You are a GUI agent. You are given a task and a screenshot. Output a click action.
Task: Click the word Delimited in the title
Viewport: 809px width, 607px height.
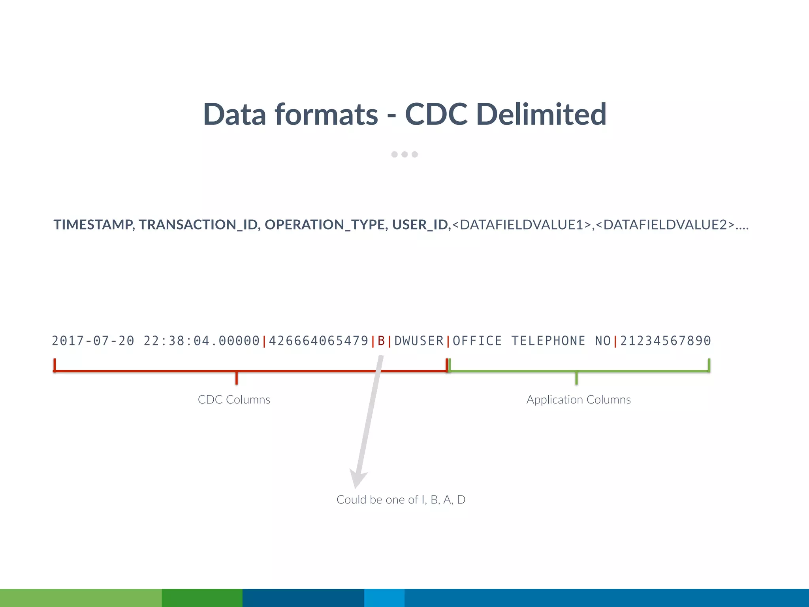click(541, 115)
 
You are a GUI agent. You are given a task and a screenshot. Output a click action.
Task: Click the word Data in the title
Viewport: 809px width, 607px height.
click(234, 115)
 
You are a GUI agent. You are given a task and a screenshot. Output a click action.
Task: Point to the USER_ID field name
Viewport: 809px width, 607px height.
click(420, 224)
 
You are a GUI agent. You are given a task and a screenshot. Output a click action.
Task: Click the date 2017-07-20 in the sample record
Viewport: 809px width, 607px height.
click(93, 341)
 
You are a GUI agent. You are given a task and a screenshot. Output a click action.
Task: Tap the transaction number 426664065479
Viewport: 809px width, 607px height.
click(318, 341)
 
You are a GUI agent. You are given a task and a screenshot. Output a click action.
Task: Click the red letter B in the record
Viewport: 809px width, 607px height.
click(381, 341)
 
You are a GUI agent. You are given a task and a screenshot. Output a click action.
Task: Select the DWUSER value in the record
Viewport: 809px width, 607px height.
click(419, 341)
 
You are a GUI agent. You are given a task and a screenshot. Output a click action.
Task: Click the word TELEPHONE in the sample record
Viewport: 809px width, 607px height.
click(548, 341)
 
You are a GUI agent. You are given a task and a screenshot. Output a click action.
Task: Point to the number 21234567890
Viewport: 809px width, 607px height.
click(666, 341)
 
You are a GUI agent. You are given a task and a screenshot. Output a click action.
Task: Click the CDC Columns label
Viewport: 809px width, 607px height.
click(234, 400)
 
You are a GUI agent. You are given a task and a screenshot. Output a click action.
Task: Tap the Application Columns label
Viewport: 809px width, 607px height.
click(578, 400)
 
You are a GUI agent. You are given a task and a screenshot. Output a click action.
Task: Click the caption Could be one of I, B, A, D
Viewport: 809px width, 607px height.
click(401, 500)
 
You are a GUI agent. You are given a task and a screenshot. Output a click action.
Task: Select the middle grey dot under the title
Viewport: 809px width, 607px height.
click(404, 155)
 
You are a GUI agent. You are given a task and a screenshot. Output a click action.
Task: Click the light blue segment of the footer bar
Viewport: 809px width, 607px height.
click(384, 598)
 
